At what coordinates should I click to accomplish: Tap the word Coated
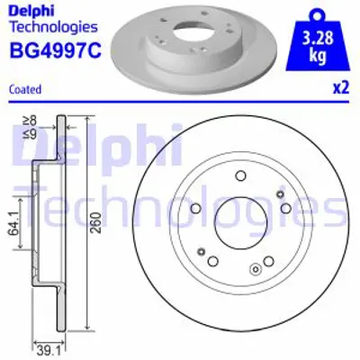coord(22,89)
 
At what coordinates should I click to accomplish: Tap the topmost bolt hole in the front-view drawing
coord(241,176)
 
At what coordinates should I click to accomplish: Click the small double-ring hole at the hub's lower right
coord(256,266)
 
